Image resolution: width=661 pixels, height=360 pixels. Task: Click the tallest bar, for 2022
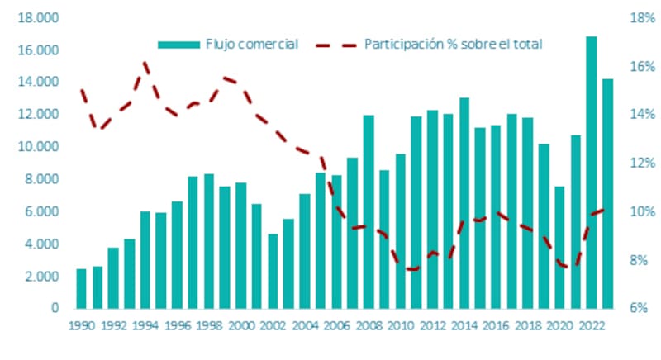(592, 173)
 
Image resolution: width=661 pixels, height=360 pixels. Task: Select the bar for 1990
(81, 288)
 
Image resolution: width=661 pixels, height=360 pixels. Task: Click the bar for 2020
(559, 247)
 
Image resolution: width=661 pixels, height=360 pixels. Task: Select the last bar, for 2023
(608, 193)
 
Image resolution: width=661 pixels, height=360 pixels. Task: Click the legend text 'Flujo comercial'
(251, 44)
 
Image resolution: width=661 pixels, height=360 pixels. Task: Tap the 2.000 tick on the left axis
(34, 277)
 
